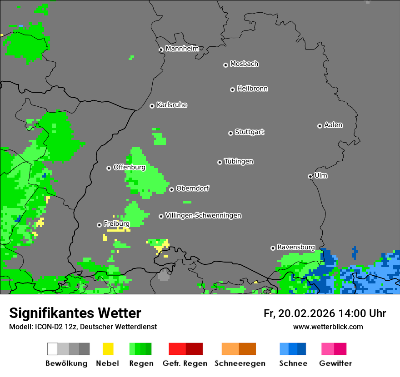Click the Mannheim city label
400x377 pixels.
tap(182, 49)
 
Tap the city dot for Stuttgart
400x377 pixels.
tap(230, 133)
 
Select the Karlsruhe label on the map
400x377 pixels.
tap(172, 105)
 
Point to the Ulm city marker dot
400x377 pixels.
tap(310, 176)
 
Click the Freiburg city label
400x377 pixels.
tap(116, 224)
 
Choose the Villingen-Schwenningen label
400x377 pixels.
tap(203, 215)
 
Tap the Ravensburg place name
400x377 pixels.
tap(296, 247)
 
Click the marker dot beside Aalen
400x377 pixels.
tap(320, 126)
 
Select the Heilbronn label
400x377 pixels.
tap(252, 89)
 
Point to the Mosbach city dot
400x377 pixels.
tap(225, 65)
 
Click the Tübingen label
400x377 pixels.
tap(239, 161)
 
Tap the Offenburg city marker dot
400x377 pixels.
tap(109, 168)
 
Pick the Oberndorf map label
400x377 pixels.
tap(192, 188)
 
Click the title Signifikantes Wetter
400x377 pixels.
tap(75, 313)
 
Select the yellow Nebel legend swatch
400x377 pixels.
tap(108, 349)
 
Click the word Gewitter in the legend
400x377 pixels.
tap(335, 363)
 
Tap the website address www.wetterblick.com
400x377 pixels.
tap(328, 327)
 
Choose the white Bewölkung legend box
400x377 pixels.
tap(53, 349)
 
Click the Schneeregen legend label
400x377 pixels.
tap(240, 363)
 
